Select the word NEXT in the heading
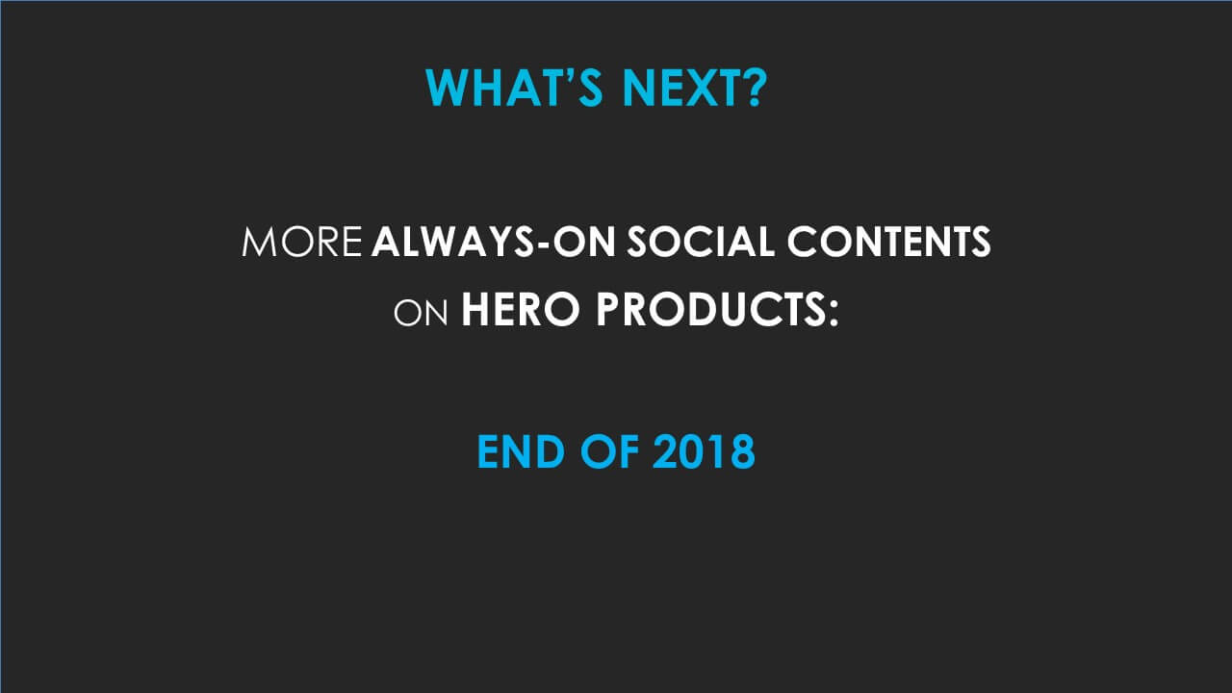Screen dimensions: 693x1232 click(x=682, y=88)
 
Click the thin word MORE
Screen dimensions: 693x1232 click(x=302, y=244)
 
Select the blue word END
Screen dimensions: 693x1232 click(x=523, y=452)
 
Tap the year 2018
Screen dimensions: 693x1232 click(x=704, y=452)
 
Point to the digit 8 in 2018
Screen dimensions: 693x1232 click(x=741, y=452)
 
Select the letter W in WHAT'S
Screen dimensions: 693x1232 click(x=444, y=88)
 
